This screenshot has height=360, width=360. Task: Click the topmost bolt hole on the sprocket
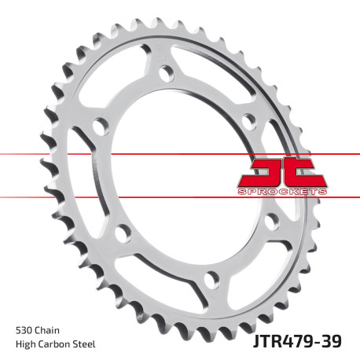(x=165, y=72)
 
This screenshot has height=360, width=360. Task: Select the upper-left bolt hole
(x=99, y=125)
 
